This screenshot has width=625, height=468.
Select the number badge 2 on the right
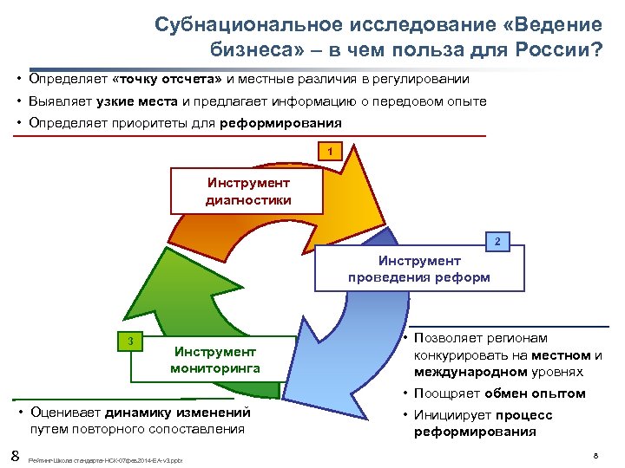[497, 241]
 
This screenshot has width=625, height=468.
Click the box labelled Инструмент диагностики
[248, 192]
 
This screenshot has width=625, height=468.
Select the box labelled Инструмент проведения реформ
[419, 270]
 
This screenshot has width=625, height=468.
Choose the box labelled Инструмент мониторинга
[215, 360]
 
